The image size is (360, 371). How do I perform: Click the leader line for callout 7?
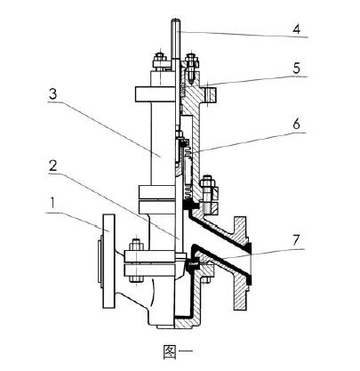click(249, 248)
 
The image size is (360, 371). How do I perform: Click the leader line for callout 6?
click(249, 142)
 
